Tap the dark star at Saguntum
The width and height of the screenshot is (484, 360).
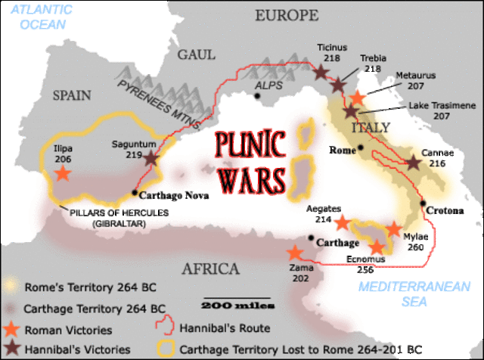point(151,159)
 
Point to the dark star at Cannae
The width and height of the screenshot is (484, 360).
point(414,163)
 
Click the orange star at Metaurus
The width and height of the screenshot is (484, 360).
point(358,98)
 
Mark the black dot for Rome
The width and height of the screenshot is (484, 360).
point(362,147)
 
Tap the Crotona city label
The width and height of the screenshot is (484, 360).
point(444,210)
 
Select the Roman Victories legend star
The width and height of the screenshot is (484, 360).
point(11,329)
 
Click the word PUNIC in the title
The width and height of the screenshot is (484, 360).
point(249,146)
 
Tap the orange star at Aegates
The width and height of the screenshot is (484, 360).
point(343,222)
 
